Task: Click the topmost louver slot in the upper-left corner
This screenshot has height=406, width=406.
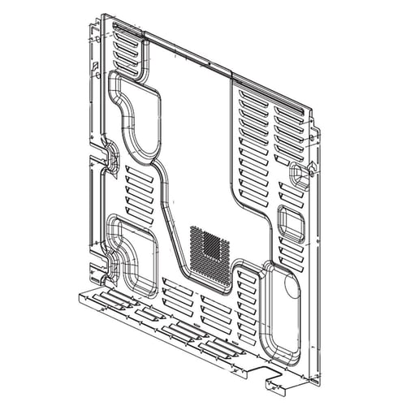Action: [x=127, y=33]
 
